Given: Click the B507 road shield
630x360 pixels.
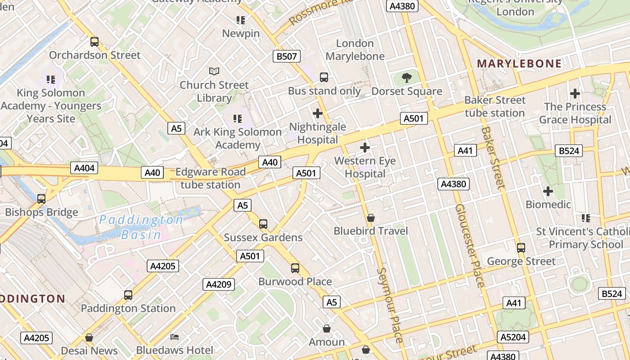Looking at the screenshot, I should point(287,56).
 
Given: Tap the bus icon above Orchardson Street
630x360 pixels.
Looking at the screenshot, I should point(94,42).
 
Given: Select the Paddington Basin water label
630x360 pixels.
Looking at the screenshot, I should point(141,227).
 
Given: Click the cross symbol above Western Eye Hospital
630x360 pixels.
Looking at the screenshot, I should point(365,147).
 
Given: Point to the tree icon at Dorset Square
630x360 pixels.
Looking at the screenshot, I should point(407,77).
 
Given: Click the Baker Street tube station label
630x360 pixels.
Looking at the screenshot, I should point(495,106).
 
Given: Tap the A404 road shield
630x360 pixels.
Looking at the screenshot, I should point(85,168).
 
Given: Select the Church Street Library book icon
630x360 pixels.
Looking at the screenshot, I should point(214,71).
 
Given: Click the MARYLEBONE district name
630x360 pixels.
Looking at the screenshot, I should point(519,63).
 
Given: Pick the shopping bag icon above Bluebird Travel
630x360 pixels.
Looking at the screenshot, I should point(371,218).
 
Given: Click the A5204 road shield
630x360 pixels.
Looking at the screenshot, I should point(513,337).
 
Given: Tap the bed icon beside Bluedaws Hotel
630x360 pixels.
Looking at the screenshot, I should point(175,337).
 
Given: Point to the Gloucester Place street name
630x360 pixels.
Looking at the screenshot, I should point(470,246).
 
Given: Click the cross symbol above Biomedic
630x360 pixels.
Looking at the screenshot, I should point(548,191).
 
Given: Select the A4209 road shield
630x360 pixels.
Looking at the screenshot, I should point(219,284).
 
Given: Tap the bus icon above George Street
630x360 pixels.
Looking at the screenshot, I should point(521,247).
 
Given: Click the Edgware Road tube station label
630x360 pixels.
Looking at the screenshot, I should point(211,178).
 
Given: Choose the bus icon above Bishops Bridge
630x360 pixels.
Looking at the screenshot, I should point(41,198).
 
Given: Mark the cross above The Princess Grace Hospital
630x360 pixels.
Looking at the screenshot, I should point(575,94).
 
